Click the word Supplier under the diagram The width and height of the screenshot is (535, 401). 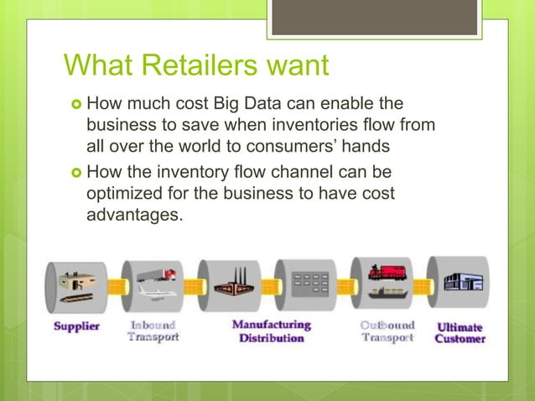(76, 326)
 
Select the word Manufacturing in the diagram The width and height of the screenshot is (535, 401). (270, 324)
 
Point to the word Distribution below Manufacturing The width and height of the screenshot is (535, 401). (270, 338)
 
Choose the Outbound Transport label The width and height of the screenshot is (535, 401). (387, 331)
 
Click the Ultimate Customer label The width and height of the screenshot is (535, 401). (460, 331)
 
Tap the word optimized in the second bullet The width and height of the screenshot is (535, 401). (126, 195)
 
